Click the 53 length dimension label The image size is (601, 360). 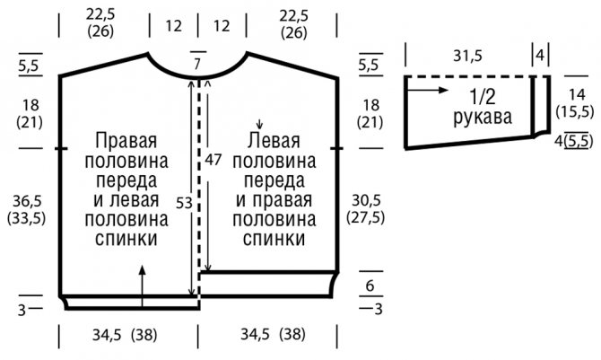click(184, 203)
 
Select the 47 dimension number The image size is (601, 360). click(213, 159)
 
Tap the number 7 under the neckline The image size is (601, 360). click(197, 64)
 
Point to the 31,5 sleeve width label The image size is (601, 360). click(467, 56)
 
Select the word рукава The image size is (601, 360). click(483, 117)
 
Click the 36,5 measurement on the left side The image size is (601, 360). click(26, 201)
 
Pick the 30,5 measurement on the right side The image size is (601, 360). click(366, 200)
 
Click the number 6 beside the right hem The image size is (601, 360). click(370, 285)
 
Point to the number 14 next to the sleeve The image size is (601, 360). click(577, 94)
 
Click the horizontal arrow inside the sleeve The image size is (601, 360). click(427, 90)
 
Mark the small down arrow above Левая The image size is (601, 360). click(260, 124)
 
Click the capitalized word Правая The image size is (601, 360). click(126, 140)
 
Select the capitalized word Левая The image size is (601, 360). click(274, 140)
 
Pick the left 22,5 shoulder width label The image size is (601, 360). click(100, 15)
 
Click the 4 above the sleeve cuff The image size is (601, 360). click(540, 56)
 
